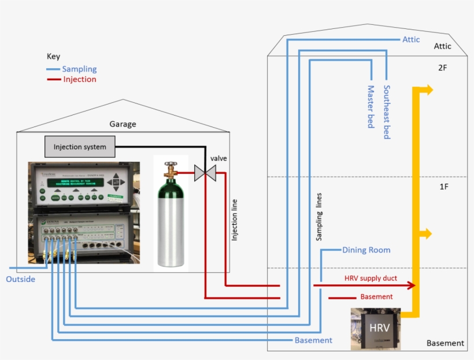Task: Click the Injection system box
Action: (x=80, y=147)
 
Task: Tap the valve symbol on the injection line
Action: (x=204, y=172)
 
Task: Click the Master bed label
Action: (x=371, y=106)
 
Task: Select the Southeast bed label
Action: (x=387, y=112)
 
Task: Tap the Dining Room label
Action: (x=366, y=250)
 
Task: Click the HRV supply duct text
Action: (x=371, y=279)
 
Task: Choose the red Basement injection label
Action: (x=376, y=297)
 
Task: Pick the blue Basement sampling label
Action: (x=313, y=340)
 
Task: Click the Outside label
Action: (x=20, y=280)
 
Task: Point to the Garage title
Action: (x=123, y=124)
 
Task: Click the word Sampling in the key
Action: (x=79, y=69)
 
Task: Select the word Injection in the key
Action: (x=80, y=79)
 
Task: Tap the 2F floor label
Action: (x=443, y=68)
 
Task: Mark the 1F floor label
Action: (x=443, y=187)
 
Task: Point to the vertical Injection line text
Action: (x=234, y=220)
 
